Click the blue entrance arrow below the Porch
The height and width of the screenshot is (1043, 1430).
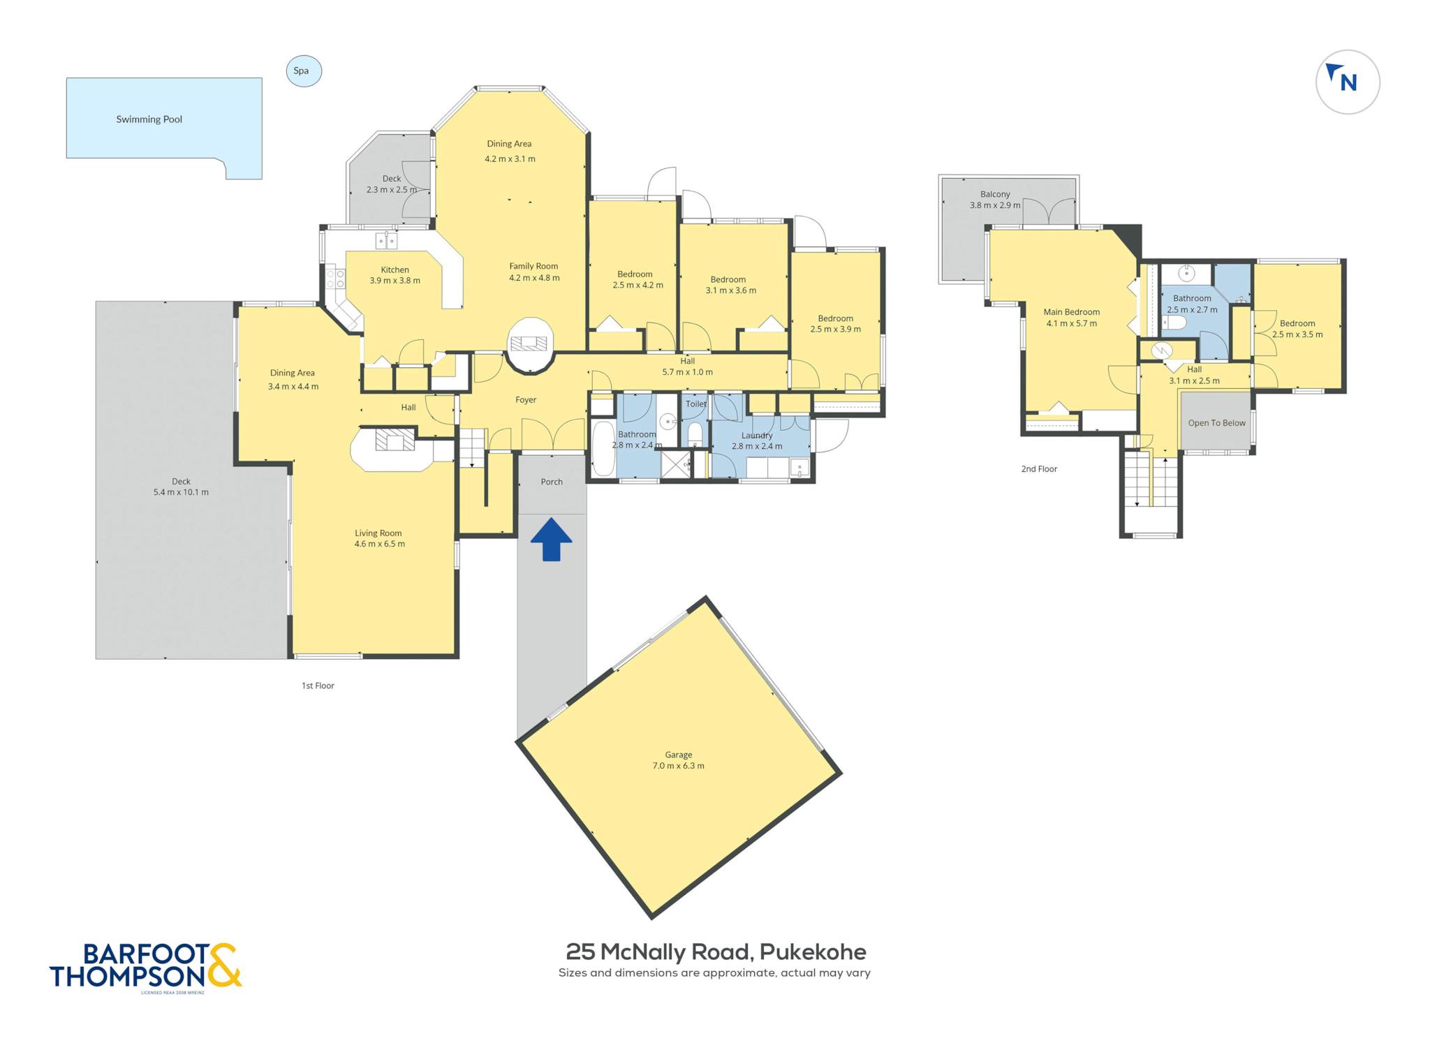pos(551,539)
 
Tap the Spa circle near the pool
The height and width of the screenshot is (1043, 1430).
pos(304,71)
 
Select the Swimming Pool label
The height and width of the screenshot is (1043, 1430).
pos(149,119)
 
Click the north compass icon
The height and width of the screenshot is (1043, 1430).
pos(1347,82)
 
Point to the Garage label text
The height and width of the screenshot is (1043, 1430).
pos(678,755)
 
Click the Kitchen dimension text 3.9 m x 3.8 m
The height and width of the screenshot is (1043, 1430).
pos(395,281)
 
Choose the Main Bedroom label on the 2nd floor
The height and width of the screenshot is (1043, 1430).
pos(1071,312)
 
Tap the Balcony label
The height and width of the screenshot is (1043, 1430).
pos(995,194)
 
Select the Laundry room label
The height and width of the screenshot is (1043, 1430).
pos(757,435)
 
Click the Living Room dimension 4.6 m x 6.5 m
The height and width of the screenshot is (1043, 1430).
pos(379,544)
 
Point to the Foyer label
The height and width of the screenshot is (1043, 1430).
pos(526,400)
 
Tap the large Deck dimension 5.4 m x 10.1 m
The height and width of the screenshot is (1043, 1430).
pos(181,492)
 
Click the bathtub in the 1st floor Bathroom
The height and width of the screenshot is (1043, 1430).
pos(603,448)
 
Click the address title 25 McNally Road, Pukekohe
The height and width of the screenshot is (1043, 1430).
pos(716,952)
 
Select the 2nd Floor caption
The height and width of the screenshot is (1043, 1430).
pos(1039,469)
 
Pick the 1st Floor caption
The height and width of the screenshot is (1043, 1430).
pos(318,686)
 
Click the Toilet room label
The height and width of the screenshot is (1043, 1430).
pos(696,404)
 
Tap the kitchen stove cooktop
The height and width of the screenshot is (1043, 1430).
pos(336,279)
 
